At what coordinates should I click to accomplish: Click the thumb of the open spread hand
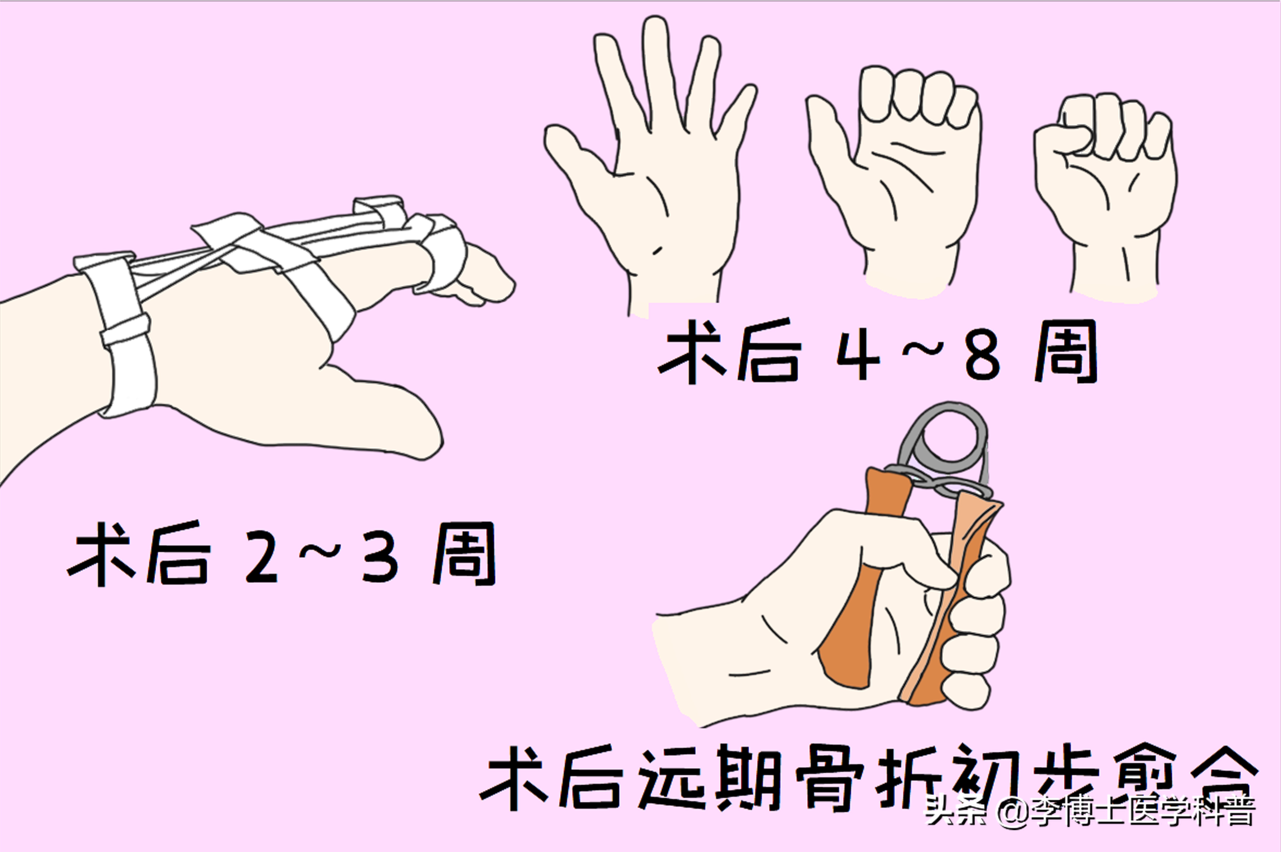(579, 155)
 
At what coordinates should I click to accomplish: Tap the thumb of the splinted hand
(380, 413)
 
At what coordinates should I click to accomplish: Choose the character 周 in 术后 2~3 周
(464, 554)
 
